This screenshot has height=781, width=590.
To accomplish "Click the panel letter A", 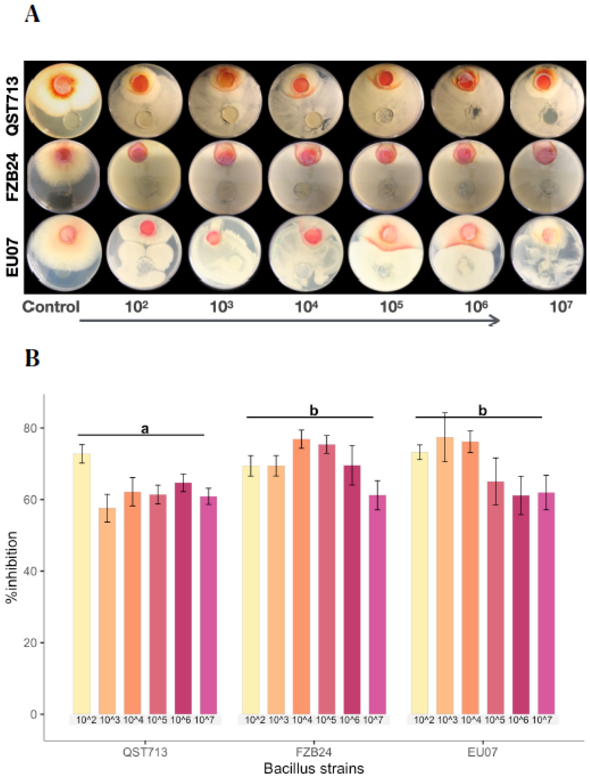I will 32,15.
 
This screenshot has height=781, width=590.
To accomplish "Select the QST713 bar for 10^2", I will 82,583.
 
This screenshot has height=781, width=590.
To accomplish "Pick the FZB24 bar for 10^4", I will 301,576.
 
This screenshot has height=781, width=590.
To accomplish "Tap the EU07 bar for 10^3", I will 445,576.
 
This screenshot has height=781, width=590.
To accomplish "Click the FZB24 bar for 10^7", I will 377,604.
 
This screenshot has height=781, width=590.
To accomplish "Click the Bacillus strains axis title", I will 313,768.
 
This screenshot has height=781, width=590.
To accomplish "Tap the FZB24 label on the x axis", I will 313,752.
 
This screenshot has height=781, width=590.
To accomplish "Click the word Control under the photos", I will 51,307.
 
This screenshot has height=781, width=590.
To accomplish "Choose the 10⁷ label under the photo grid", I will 560,307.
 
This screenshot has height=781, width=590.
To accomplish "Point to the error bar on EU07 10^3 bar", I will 445,437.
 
